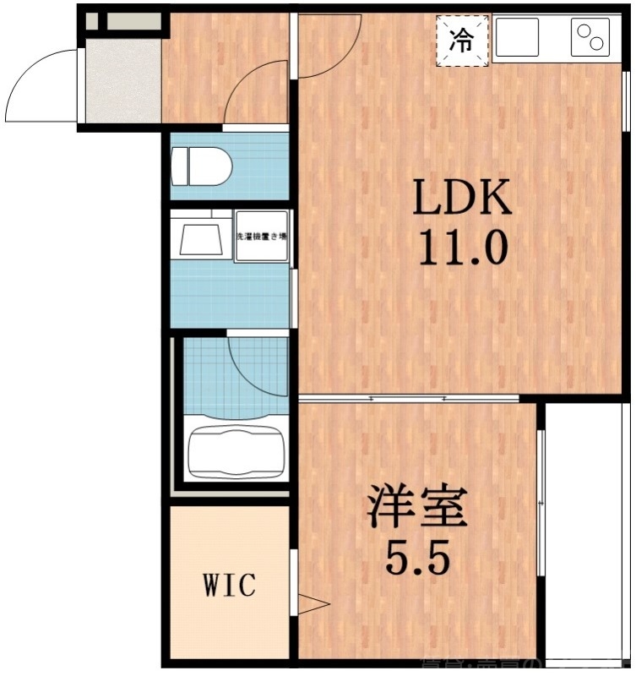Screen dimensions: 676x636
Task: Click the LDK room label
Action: tap(462, 198)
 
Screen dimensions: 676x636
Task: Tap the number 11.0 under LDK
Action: tap(462, 248)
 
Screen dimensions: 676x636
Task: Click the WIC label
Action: tap(229, 584)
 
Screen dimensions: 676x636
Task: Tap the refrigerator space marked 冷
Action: tap(462, 40)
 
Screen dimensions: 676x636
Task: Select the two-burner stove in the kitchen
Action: tap(590, 39)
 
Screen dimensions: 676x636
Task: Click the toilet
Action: tap(200, 166)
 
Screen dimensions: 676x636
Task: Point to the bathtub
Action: tap(236, 449)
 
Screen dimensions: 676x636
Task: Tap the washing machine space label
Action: tap(261, 236)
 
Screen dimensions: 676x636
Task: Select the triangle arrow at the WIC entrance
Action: tap(313, 604)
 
